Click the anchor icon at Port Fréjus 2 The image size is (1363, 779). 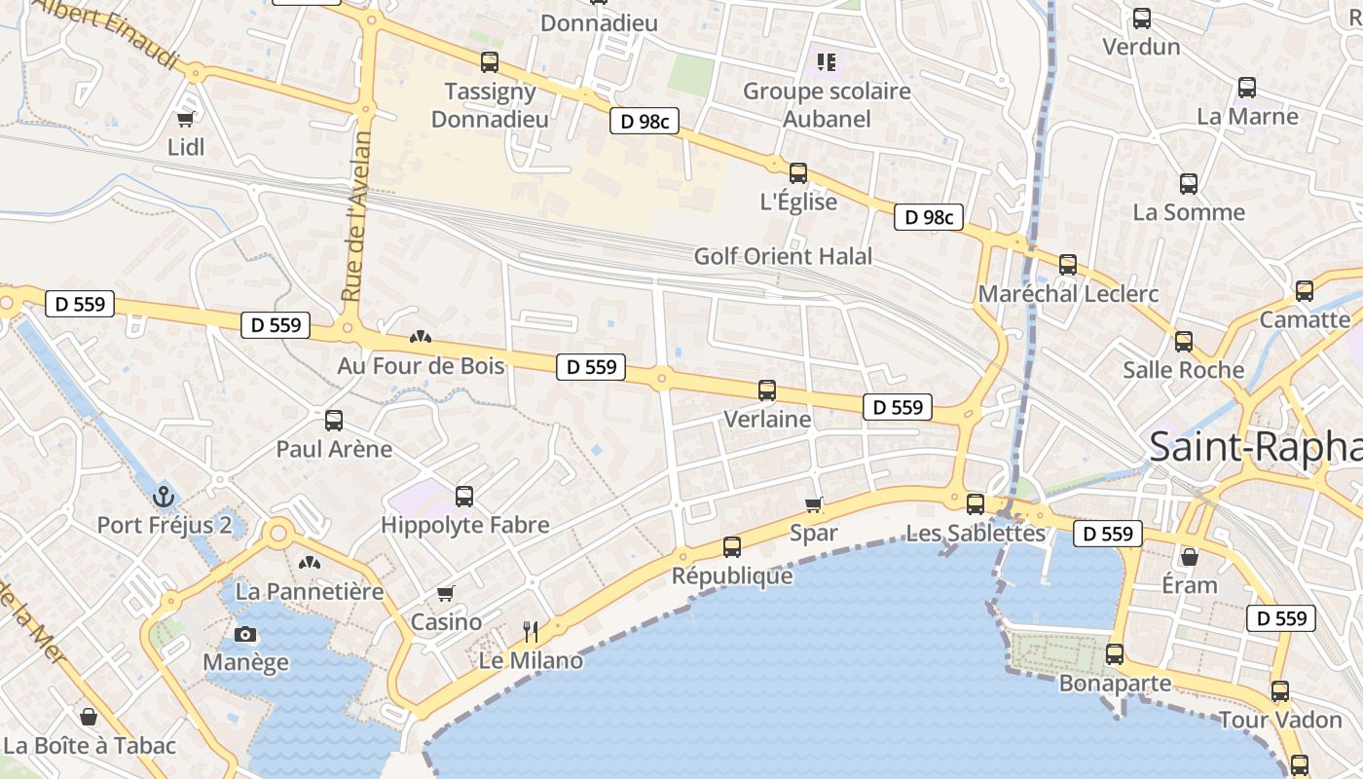(163, 496)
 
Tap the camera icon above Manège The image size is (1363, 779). (245, 635)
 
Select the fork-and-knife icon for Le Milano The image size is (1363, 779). (531, 632)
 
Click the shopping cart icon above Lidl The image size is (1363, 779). (185, 119)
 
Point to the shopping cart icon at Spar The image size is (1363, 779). (814, 504)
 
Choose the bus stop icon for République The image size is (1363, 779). (732, 547)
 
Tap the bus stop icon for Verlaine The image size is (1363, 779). (767, 390)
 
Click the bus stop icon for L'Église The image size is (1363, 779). (798, 173)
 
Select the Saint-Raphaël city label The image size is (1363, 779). (1255, 447)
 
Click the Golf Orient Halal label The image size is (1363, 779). (783, 256)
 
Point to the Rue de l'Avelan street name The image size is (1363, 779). (356, 215)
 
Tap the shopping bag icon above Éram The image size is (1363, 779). (1189, 557)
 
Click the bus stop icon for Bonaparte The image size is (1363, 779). (1115, 654)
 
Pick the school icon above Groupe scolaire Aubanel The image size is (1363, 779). (827, 63)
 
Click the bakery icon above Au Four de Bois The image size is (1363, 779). (421, 338)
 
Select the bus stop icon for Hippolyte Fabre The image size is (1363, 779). (464, 497)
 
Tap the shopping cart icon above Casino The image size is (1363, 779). (446, 593)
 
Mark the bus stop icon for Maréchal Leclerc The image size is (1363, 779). (1068, 265)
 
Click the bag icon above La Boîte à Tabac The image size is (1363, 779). (89, 718)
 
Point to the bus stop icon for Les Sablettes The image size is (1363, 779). (976, 504)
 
